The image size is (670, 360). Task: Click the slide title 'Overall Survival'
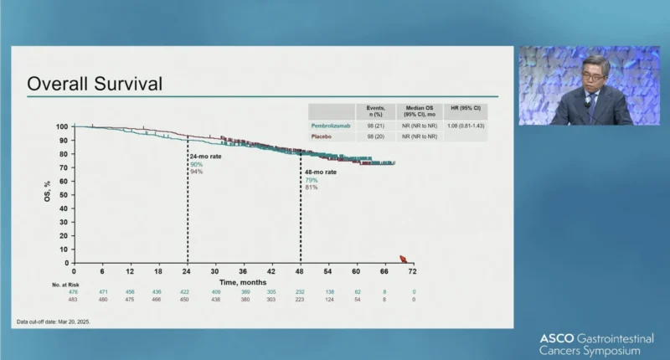95,85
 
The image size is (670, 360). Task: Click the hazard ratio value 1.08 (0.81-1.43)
467,125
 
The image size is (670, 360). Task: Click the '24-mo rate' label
204,157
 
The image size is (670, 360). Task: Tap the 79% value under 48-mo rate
311,180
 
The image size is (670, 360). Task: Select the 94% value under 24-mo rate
197,172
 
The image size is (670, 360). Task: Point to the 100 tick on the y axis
62,126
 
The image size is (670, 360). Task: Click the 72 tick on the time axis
412,271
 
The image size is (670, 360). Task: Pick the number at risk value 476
74,291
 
